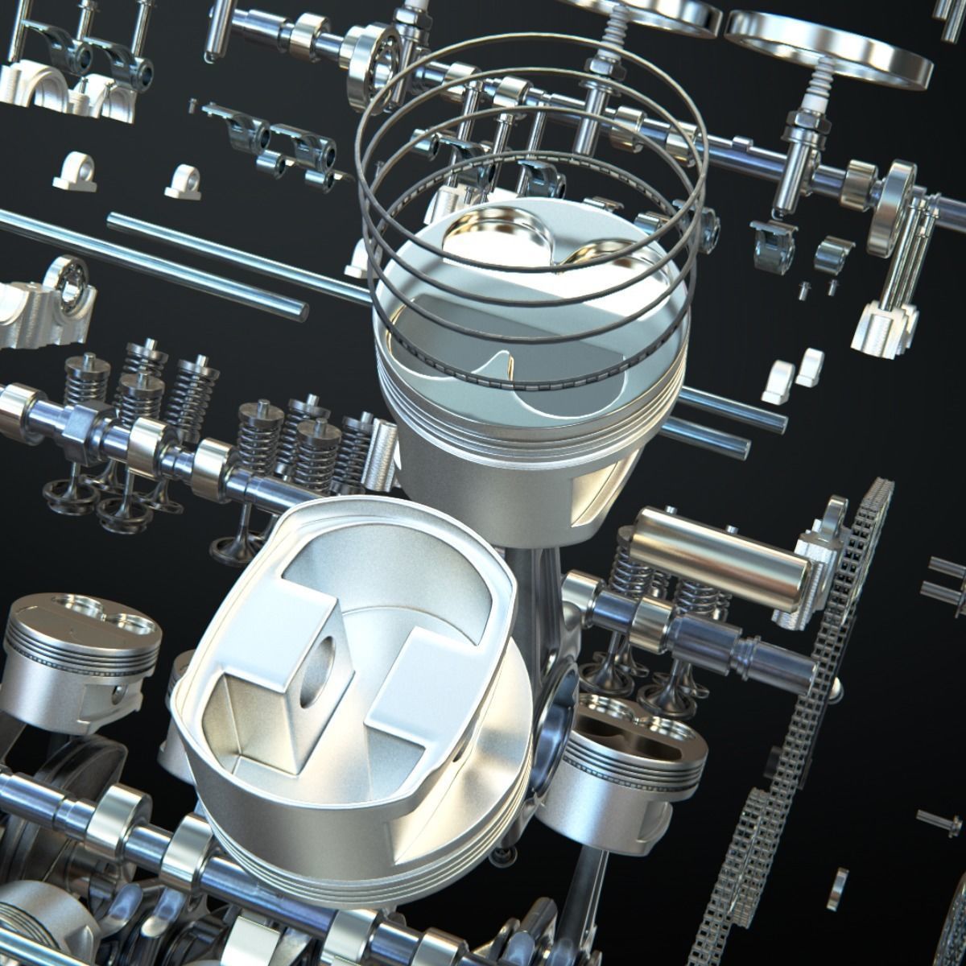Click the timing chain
click(837, 644)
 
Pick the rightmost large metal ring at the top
click(829, 40)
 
